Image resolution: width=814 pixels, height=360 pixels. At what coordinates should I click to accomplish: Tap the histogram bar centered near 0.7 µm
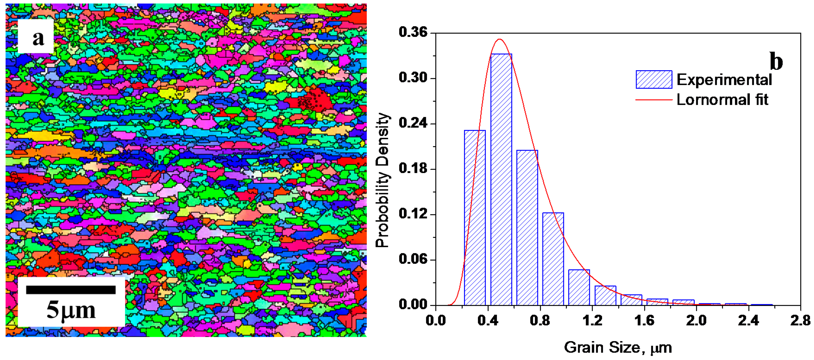click(527, 228)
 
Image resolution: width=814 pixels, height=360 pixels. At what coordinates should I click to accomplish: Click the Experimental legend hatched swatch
click(654, 79)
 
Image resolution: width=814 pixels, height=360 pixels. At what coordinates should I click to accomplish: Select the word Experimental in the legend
click(724, 80)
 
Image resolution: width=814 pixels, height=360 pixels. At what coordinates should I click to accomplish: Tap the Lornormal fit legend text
click(722, 100)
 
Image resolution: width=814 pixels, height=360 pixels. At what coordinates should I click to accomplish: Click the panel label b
click(776, 61)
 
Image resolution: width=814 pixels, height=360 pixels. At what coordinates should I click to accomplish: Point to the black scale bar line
click(71, 290)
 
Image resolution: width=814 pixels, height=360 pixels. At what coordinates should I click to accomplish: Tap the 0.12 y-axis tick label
click(413, 214)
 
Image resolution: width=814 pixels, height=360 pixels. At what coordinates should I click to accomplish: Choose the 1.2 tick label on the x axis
click(592, 321)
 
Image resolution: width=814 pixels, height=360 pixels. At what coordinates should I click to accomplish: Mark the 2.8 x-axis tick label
click(800, 321)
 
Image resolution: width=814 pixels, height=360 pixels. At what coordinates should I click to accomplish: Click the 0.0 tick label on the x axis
click(436, 321)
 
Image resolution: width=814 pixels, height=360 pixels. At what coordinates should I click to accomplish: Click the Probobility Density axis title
click(382, 180)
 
